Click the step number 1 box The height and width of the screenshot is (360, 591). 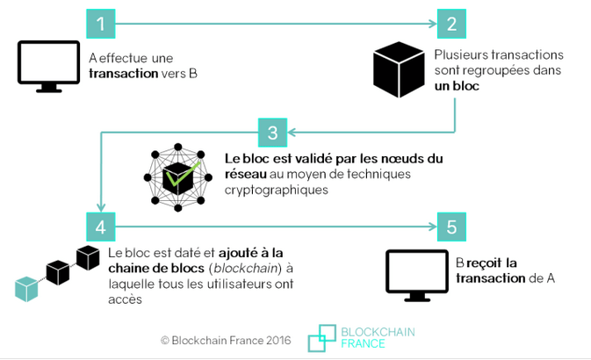[x=101, y=24]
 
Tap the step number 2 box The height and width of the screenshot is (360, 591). [x=451, y=24]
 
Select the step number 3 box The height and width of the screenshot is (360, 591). [x=273, y=133]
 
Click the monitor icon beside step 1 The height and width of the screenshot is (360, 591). [x=48, y=63]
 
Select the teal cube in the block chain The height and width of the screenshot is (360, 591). [x=27, y=288]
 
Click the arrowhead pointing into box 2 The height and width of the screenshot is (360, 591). [x=431, y=24]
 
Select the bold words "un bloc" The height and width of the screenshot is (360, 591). [x=457, y=87]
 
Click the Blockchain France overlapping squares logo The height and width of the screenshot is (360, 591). [x=321, y=337]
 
